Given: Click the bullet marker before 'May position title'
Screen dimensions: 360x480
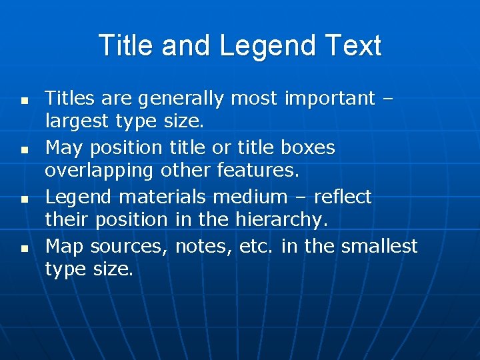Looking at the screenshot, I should tap(23, 151).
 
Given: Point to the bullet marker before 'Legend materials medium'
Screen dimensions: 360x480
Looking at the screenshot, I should tap(23, 199).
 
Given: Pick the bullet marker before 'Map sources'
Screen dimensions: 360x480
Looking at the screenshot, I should tap(23, 248).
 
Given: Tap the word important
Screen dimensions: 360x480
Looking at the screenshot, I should tap(330, 99).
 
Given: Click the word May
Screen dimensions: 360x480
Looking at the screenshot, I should tap(65, 148).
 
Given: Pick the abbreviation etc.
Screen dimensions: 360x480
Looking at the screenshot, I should tap(256, 246).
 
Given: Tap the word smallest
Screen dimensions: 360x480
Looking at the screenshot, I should tap(379, 246).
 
